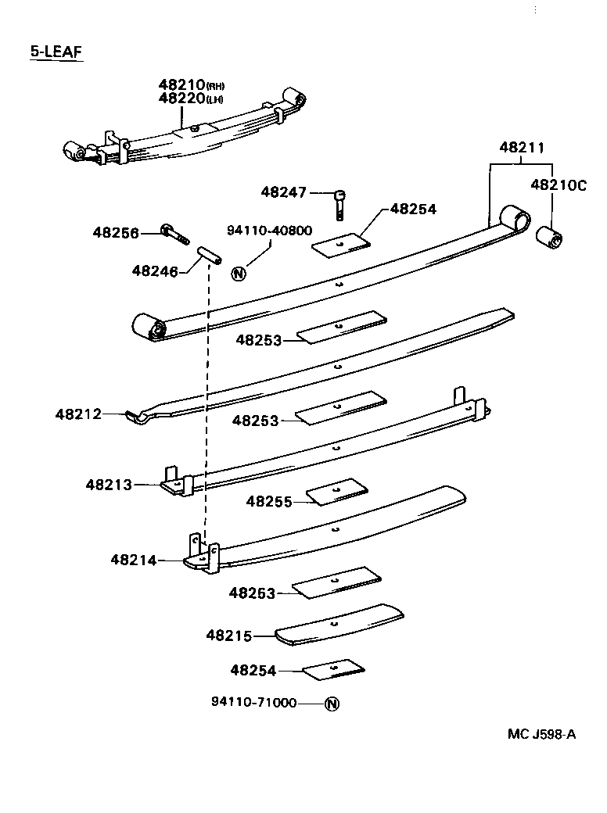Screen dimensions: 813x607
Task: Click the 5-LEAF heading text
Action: coord(56,52)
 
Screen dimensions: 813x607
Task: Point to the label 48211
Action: coord(522,148)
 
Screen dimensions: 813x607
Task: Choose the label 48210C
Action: coord(558,185)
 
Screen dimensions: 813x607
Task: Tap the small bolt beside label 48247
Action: coord(340,204)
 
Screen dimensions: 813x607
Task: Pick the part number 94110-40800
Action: coord(270,231)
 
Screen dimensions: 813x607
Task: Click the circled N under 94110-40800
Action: coord(239,273)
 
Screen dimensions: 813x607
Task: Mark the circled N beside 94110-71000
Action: coord(331,704)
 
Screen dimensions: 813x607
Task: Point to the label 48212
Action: coord(78,414)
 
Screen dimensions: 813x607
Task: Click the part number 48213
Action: coord(110,485)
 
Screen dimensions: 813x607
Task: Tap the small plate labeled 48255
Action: coord(336,492)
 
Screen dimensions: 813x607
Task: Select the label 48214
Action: coord(134,560)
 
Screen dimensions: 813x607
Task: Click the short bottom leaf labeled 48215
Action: coord(340,624)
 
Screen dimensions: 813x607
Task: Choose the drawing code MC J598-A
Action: coord(541,733)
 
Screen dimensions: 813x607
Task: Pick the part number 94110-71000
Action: coord(253,703)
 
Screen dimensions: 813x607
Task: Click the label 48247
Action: coord(285,192)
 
